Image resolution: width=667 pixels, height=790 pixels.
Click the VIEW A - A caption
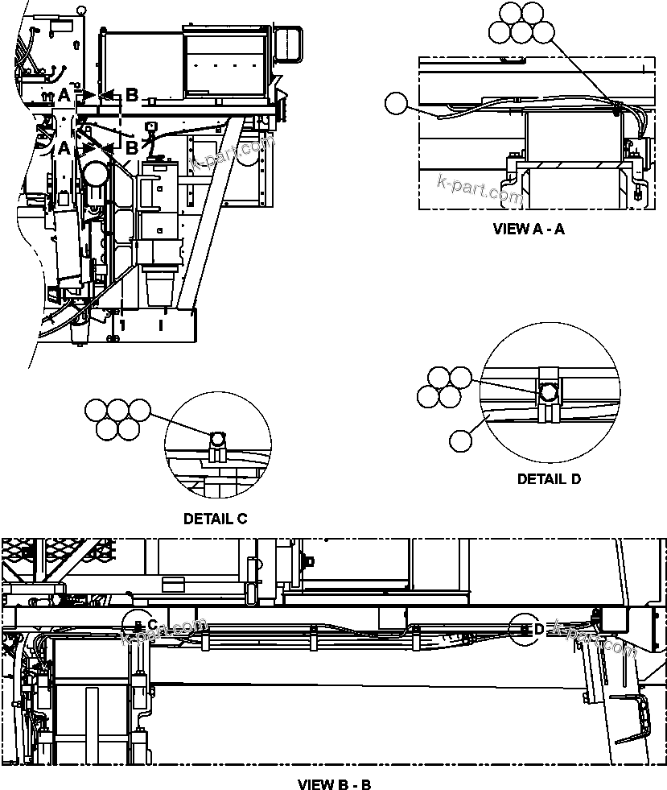(x=528, y=229)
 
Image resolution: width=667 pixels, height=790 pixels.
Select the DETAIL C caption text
(x=215, y=519)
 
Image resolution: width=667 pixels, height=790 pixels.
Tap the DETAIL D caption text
(x=549, y=478)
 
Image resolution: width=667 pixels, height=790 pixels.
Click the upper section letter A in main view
(x=64, y=95)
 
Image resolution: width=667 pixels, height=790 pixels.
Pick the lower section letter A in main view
(x=64, y=147)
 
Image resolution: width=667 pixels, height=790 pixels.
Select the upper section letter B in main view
(x=132, y=95)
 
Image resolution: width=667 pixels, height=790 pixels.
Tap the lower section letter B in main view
(x=132, y=147)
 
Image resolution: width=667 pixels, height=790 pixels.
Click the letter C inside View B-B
(x=152, y=625)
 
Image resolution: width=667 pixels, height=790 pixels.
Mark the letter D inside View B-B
(x=539, y=629)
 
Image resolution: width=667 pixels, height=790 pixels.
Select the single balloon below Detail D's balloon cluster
(x=460, y=440)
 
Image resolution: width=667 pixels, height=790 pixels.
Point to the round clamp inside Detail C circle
(x=217, y=439)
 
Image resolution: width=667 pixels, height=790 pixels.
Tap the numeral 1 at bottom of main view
(x=122, y=325)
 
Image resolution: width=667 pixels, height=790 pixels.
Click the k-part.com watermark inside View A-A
(x=480, y=188)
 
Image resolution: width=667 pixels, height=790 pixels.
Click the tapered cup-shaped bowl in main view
(x=160, y=286)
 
